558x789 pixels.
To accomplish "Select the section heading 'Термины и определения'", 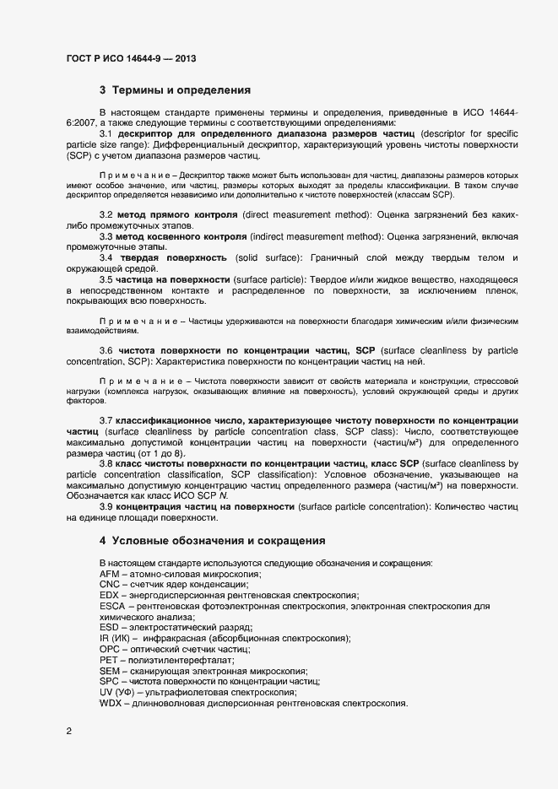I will [181, 89].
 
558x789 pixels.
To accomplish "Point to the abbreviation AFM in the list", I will [110, 574].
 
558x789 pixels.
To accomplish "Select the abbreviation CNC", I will [111, 584].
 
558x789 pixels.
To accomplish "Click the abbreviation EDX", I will [110, 595].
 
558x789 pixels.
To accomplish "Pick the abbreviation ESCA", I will [113, 606].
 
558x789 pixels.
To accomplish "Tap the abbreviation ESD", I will [110, 628].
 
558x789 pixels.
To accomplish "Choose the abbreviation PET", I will [109, 660].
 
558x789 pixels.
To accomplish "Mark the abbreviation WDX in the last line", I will [111, 703].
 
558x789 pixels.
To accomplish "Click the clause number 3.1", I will [106, 133].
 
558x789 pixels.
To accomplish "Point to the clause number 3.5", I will [106, 279].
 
